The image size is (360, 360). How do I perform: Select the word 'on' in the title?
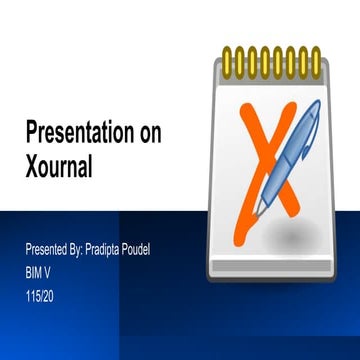pyautogui.click(x=145, y=134)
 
